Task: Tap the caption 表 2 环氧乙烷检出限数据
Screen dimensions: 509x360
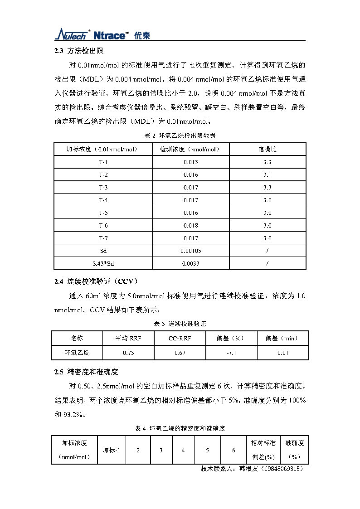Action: click(x=180, y=136)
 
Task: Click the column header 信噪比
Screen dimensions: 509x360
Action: click(x=267, y=149)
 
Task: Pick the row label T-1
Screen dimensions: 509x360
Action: click(x=103, y=162)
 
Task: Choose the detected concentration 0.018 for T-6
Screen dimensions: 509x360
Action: click(x=191, y=225)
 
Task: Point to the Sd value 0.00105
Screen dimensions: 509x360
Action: click(x=191, y=251)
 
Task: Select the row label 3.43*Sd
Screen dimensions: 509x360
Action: click(x=103, y=263)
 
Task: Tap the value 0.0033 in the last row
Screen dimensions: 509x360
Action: click(x=191, y=263)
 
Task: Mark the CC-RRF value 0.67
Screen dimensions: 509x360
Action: click(x=180, y=353)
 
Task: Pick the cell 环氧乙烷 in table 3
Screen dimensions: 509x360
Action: click(x=77, y=353)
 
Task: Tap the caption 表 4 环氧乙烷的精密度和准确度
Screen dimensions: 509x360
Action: click(x=180, y=428)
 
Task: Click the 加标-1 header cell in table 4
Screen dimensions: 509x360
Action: click(x=111, y=450)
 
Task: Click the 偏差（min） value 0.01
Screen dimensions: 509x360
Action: click(x=283, y=353)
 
